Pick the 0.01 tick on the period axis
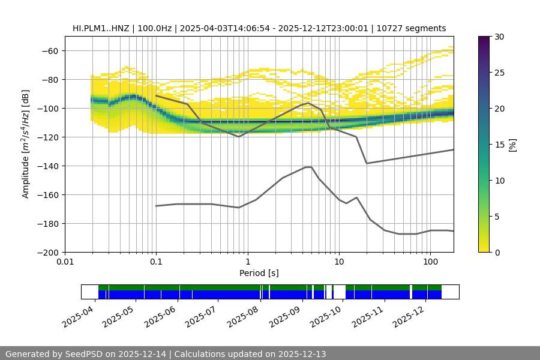coord(65,262)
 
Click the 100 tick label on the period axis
coord(430,262)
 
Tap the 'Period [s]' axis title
coord(259,273)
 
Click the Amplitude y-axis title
coord(26,144)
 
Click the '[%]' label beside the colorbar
coord(512,145)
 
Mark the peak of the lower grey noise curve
coord(308,167)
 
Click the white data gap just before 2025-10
coord(340,292)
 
